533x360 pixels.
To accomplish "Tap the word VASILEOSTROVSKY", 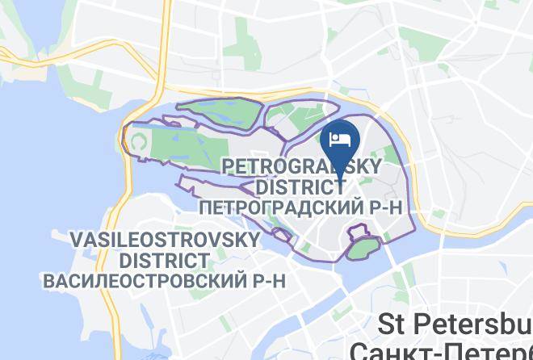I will click(166, 241).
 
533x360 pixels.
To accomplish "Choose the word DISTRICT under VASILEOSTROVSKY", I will click(166, 261).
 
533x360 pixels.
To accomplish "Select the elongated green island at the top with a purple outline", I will click(218, 107).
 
